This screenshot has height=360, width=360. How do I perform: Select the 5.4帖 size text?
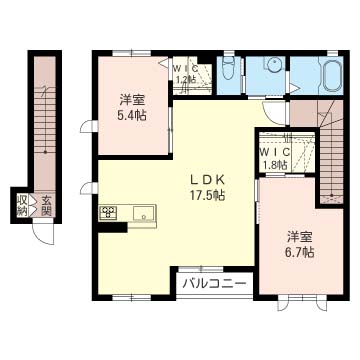pos(129,115)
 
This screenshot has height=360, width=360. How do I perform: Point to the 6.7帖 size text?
pos(297,253)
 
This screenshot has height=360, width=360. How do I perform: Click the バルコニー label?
pos(214,283)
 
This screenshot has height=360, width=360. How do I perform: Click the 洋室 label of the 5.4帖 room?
pos(129,99)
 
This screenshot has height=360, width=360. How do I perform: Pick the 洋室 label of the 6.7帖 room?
pos(297,237)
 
